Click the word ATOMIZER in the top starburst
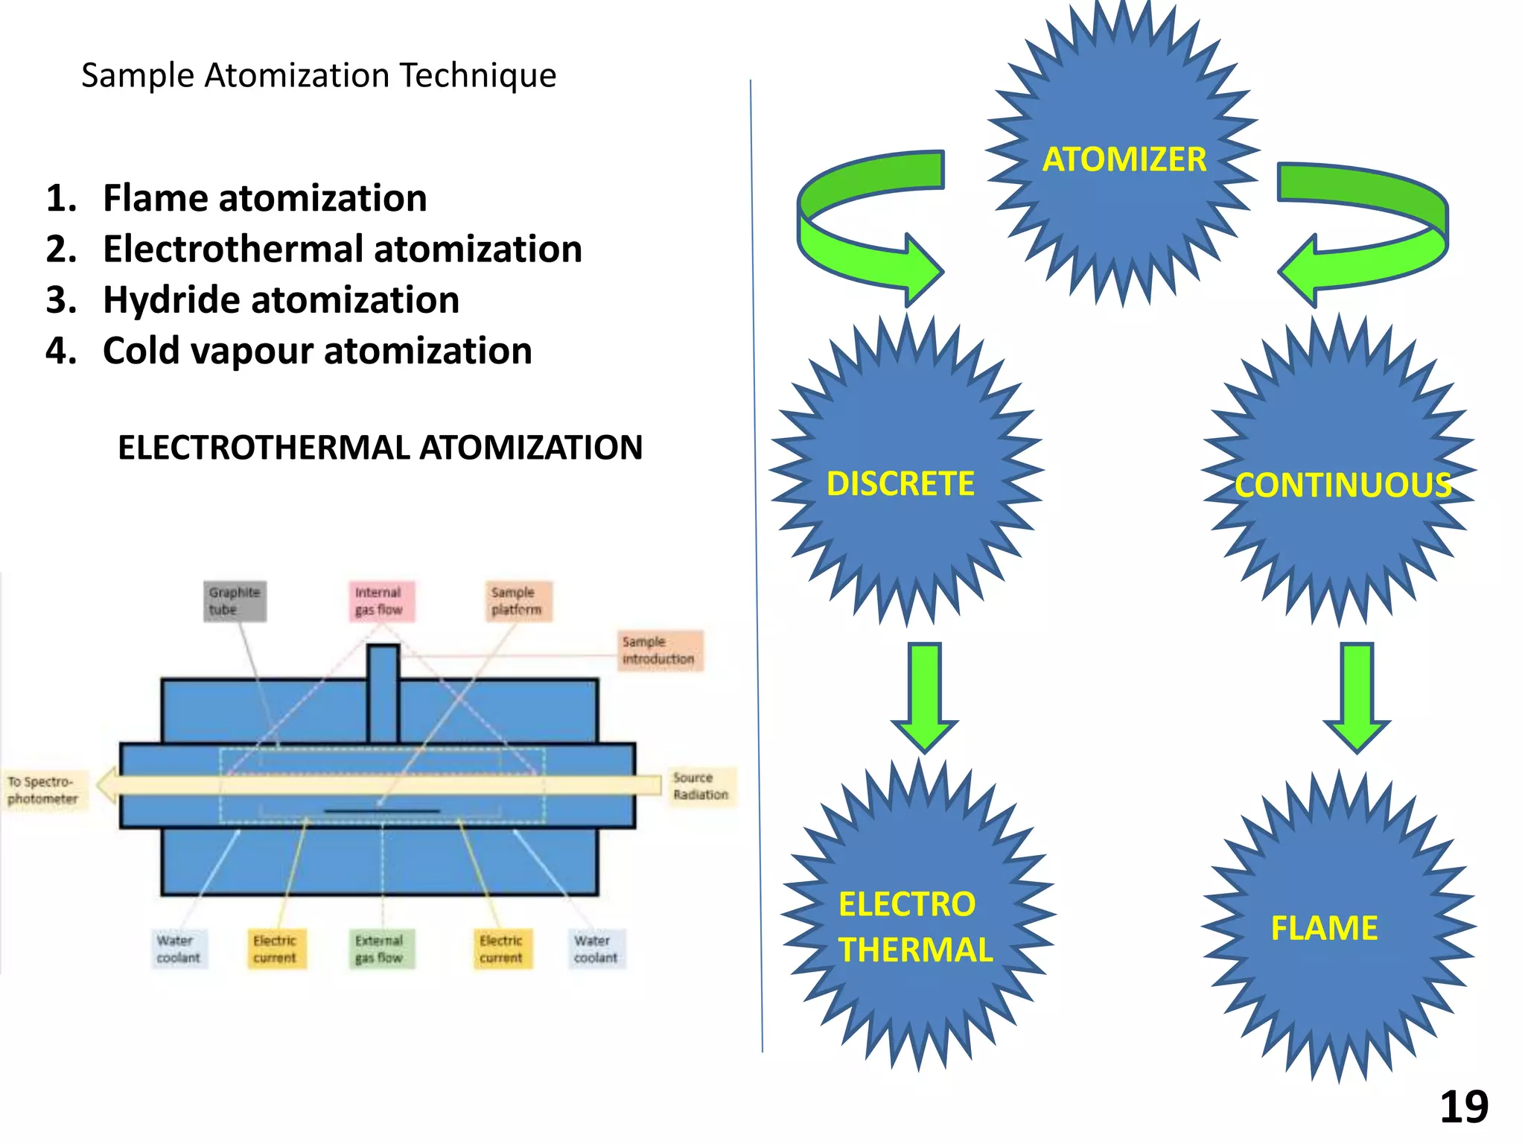click(x=1124, y=159)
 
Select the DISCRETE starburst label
click(x=900, y=484)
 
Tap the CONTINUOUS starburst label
click(x=1343, y=486)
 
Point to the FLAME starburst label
click(x=1324, y=928)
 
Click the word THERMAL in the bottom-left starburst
click(x=915, y=950)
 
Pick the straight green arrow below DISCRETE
click(x=924, y=696)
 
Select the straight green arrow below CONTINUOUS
click(x=1356, y=696)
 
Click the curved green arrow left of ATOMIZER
click(x=856, y=223)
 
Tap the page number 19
click(x=1463, y=1107)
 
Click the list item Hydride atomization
click(x=281, y=300)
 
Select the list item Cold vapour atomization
click(x=317, y=351)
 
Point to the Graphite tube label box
click(x=235, y=601)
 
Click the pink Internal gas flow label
click(x=379, y=601)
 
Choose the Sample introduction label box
click(x=658, y=650)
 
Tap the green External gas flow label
click(x=379, y=949)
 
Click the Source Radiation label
click(x=700, y=786)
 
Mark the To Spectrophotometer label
click(x=43, y=790)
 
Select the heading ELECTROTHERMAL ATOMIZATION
click(x=380, y=448)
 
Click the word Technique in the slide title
click(x=477, y=75)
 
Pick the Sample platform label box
click(x=516, y=601)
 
